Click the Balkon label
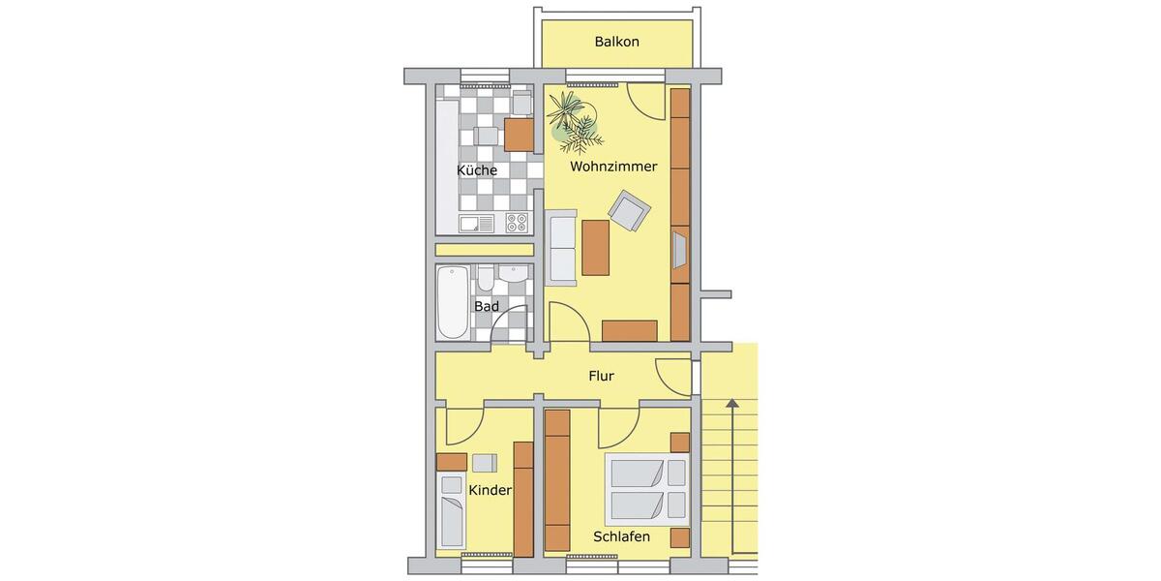point(616,43)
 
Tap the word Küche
point(477,170)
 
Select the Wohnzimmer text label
point(613,167)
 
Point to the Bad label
point(486,306)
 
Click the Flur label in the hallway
point(601,377)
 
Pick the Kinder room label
point(490,491)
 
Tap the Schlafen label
point(622,536)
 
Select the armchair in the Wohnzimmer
point(629,210)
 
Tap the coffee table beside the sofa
point(596,247)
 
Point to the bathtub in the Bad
point(452,302)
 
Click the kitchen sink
point(477,224)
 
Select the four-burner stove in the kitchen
point(517,224)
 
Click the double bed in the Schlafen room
point(647,489)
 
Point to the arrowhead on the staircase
point(732,403)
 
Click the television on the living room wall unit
point(679,249)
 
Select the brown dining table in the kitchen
point(520,134)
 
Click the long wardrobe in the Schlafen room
point(557,479)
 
